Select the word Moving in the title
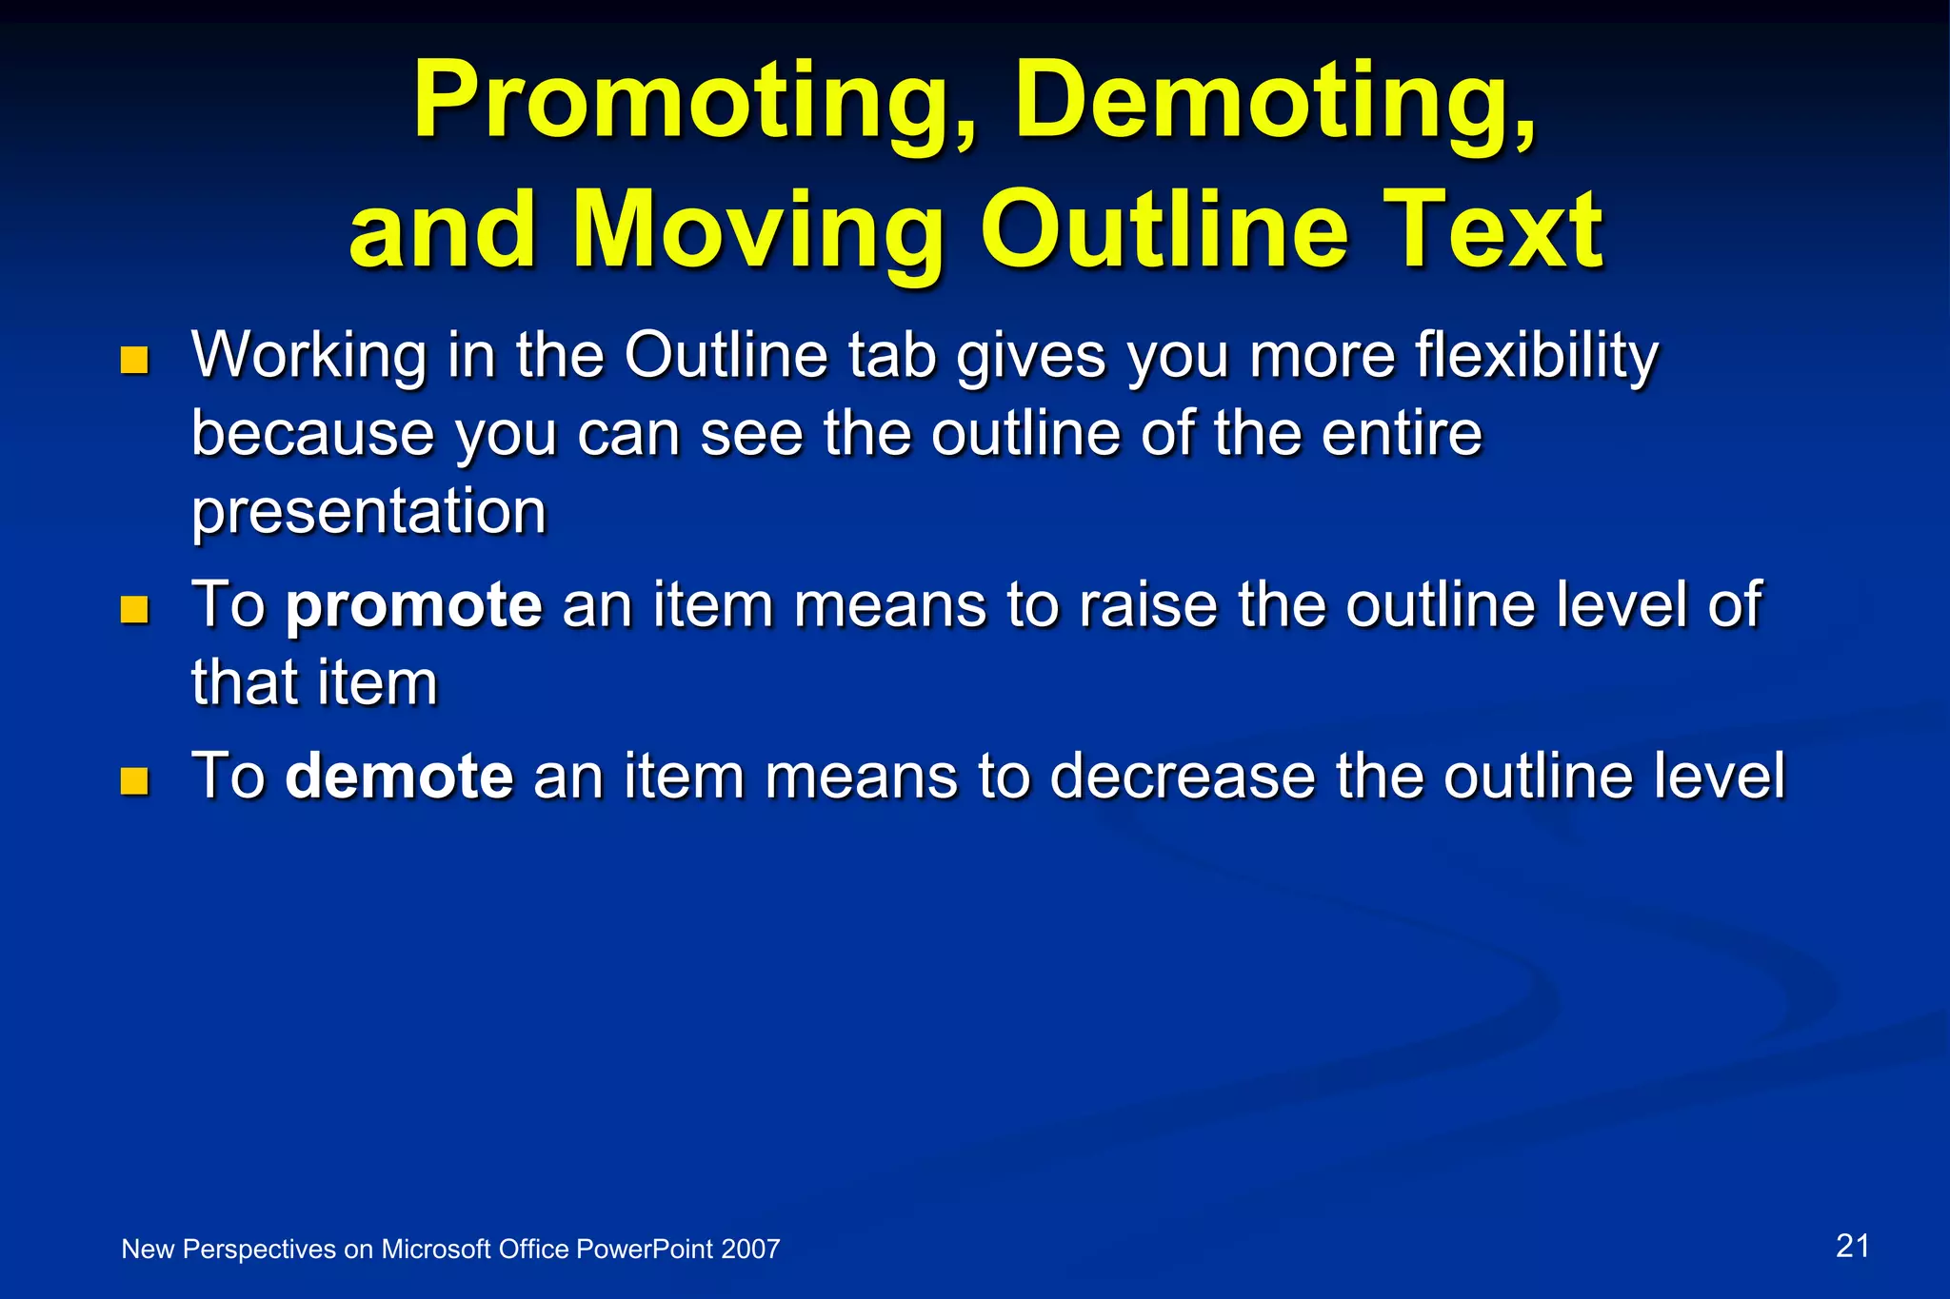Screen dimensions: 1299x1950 (757, 231)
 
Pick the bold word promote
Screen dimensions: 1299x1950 (413, 605)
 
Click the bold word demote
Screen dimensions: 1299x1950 (399, 776)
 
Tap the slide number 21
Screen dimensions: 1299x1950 (1852, 1246)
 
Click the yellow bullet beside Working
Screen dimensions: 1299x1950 (135, 361)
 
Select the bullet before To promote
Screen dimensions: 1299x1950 (135, 610)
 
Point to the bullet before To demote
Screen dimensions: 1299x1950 (135, 780)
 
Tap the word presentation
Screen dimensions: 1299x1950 (368, 512)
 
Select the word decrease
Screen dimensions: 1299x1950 (1182, 776)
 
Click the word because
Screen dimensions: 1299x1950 (313, 434)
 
